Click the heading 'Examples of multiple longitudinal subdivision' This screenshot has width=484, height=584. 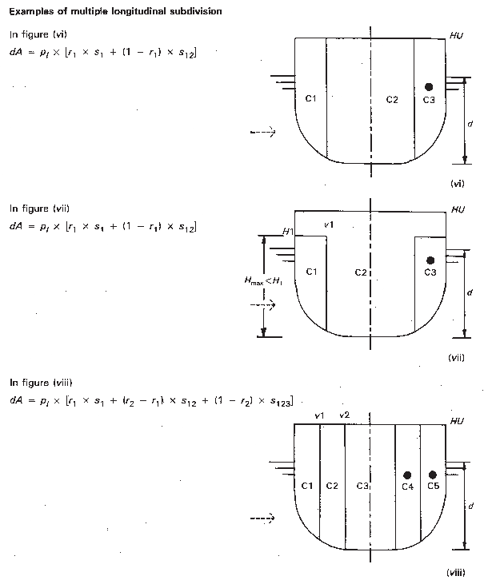click(x=115, y=10)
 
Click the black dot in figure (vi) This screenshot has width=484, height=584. click(x=430, y=86)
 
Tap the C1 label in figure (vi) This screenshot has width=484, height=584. click(x=312, y=99)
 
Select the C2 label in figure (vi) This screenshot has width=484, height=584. click(x=392, y=99)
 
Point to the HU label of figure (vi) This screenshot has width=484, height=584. click(x=457, y=36)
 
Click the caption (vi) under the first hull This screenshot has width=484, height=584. click(x=458, y=184)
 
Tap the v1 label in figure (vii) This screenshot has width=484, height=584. click(x=329, y=225)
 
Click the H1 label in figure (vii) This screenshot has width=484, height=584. click(x=288, y=232)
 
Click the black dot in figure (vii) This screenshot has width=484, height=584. click(x=430, y=260)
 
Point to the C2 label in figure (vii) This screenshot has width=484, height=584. click(x=360, y=273)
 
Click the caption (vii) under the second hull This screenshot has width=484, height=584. click(x=456, y=357)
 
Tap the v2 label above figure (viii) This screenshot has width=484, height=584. click(x=345, y=415)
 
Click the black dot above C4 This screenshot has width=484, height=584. click(x=407, y=475)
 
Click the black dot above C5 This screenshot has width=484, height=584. click(x=433, y=475)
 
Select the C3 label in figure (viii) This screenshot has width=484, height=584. click(x=362, y=486)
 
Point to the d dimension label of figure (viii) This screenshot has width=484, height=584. click(x=470, y=506)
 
